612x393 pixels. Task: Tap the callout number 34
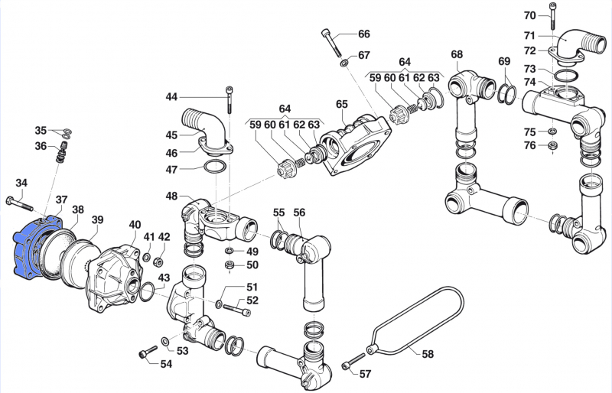[21, 183]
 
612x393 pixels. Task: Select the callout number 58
[428, 354]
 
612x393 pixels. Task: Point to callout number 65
[341, 104]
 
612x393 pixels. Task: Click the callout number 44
[171, 96]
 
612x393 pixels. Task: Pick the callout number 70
[530, 15]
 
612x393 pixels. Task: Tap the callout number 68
[457, 54]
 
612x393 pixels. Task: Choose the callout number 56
[299, 213]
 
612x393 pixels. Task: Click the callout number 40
[135, 225]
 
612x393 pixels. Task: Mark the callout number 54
[166, 363]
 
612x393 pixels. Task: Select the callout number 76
[530, 145]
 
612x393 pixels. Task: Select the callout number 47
[171, 169]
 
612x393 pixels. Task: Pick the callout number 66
[364, 34]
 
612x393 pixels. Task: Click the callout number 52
[252, 300]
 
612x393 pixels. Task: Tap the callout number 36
[41, 146]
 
